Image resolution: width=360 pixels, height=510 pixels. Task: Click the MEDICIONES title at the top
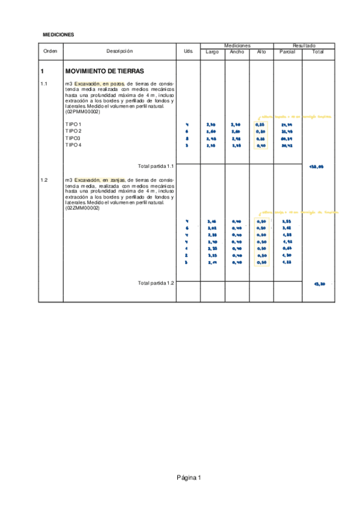(x=58, y=35)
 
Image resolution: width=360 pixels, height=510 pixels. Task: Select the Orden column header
(x=50, y=52)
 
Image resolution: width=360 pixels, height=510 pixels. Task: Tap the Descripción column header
(x=120, y=52)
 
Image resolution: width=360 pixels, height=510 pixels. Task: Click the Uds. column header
(x=188, y=52)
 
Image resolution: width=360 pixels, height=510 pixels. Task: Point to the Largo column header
(x=212, y=52)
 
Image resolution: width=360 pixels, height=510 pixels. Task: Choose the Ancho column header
(x=237, y=52)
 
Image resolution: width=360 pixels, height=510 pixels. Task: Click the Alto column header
(x=261, y=52)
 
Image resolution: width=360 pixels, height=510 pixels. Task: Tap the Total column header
(x=317, y=52)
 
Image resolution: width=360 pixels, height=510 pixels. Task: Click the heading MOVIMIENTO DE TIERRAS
(x=104, y=71)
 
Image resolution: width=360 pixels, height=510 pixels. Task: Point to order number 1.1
(x=44, y=84)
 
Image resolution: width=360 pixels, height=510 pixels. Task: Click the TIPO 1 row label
(x=73, y=124)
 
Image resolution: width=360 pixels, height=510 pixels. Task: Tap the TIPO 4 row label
(x=73, y=145)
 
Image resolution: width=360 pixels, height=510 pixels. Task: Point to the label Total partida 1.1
(x=156, y=165)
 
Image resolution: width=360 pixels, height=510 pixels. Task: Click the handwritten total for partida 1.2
(x=319, y=284)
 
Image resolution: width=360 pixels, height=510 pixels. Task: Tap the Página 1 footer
(x=189, y=478)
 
